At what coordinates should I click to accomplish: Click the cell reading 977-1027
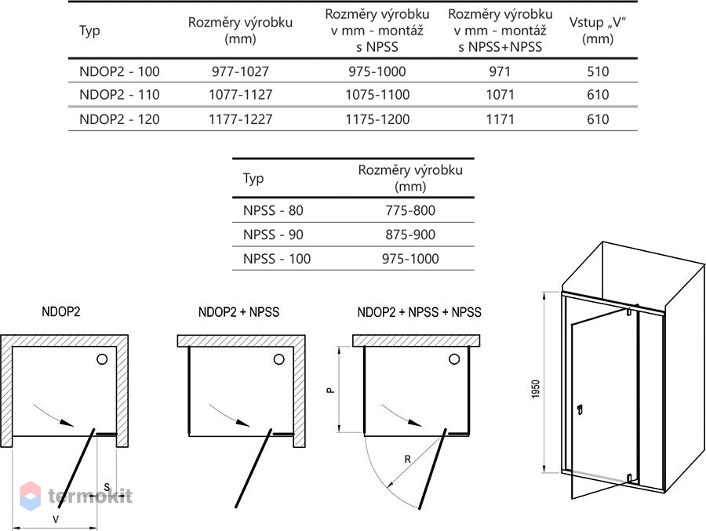(241, 71)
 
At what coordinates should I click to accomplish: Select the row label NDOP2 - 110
(119, 95)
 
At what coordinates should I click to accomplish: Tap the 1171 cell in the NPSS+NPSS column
(500, 119)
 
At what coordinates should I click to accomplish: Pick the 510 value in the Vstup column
(598, 71)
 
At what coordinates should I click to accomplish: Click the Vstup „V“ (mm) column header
(598, 30)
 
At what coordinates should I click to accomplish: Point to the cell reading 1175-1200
(377, 119)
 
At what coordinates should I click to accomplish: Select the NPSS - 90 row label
(273, 235)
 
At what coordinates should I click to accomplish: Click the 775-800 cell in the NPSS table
(410, 210)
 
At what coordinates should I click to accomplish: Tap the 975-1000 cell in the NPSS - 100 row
(410, 259)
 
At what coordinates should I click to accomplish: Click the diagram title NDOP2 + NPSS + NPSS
(419, 311)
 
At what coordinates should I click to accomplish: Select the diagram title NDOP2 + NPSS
(238, 311)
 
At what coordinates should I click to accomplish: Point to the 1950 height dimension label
(535, 389)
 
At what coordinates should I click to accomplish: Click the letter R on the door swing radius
(407, 460)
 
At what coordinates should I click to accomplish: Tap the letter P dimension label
(331, 391)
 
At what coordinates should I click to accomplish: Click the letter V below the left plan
(56, 519)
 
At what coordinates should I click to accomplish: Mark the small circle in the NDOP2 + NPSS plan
(279, 359)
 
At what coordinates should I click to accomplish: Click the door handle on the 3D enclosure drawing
(580, 409)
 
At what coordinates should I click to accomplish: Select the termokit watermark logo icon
(31, 496)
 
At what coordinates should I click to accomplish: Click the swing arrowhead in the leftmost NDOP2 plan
(67, 423)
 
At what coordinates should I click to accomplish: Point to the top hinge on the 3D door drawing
(629, 311)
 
